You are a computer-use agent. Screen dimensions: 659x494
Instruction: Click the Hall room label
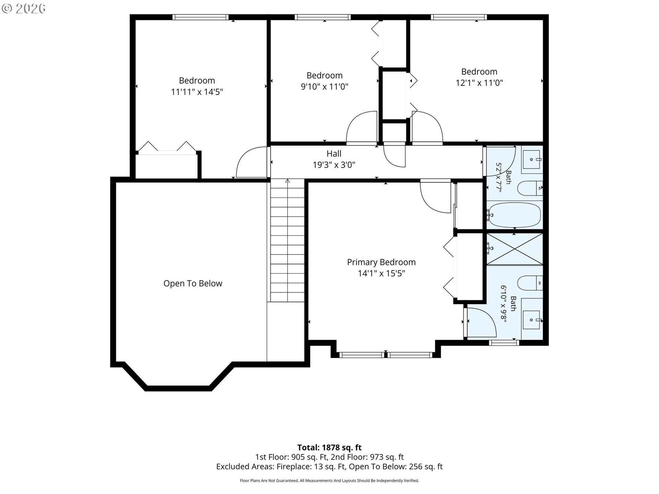[334, 153]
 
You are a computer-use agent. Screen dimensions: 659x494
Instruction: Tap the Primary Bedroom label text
[381, 262]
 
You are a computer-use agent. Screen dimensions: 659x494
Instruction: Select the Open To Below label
[193, 283]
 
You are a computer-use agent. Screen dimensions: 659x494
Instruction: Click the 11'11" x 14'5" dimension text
[197, 92]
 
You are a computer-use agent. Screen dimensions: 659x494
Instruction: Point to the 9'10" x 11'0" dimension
[324, 86]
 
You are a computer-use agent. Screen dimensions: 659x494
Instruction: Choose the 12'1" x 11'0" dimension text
[479, 83]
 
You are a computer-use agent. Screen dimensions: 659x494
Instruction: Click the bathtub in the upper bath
[514, 215]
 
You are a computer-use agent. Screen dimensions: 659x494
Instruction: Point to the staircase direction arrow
[288, 181]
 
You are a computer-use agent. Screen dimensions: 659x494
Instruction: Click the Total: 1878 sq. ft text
[329, 447]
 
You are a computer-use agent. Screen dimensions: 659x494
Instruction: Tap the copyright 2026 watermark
[24, 9]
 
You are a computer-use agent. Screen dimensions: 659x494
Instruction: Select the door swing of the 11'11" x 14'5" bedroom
[252, 162]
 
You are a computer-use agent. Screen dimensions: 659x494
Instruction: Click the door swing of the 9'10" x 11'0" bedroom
[362, 127]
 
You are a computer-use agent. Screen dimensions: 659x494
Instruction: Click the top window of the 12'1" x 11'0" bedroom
[459, 17]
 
